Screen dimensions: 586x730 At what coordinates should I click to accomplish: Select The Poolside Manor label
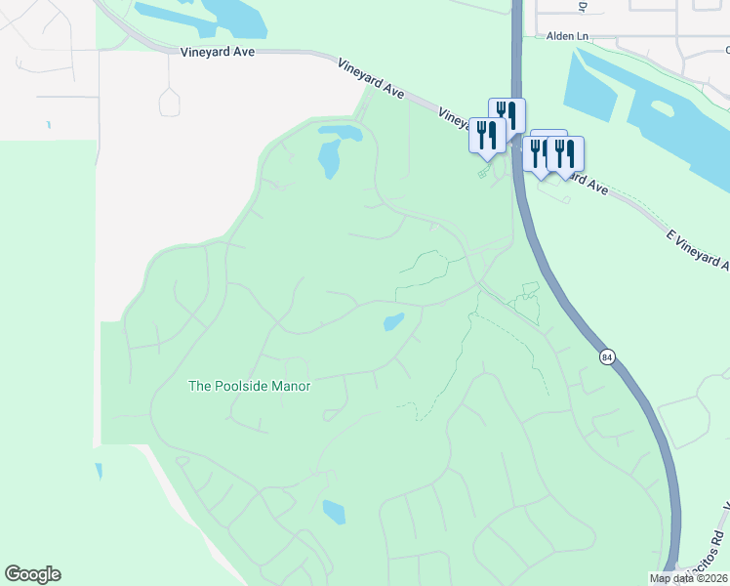(x=249, y=386)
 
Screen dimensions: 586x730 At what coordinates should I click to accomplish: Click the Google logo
(x=32, y=574)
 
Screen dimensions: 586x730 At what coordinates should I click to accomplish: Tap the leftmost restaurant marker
(x=487, y=135)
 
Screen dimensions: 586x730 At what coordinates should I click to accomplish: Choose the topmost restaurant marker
(x=507, y=114)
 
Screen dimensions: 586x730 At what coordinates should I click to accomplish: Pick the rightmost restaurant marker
(x=565, y=152)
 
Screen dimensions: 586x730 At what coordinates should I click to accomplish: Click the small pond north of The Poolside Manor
(x=394, y=321)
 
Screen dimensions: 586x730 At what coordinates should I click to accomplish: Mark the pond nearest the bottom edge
(x=334, y=511)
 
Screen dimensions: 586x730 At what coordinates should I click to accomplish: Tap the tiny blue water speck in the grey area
(x=49, y=125)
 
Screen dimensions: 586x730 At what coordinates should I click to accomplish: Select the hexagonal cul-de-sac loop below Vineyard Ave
(x=169, y=102)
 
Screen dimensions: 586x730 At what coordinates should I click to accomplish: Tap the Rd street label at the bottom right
(x=716, y=537)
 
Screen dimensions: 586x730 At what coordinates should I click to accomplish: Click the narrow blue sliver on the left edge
(x=99, y=471)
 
